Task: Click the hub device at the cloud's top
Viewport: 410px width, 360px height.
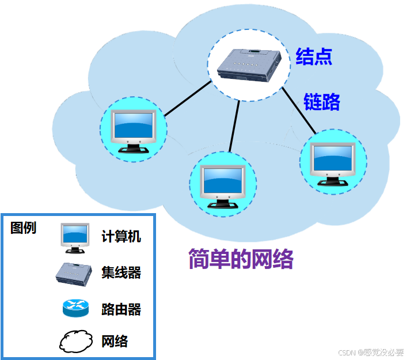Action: point(251,65)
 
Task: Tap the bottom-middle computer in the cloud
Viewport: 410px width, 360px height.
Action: point(223,184)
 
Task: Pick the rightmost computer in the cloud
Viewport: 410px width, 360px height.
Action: point(333,162)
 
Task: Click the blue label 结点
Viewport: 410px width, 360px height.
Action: point(314,56)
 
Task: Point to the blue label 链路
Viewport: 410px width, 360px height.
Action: point(322,101)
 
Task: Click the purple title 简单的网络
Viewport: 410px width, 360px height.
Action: point(241,260)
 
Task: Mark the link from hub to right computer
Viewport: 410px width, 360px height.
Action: point(301,111)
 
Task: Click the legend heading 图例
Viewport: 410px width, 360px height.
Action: point(23,228)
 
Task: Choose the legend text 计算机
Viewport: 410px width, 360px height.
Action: point(121,236)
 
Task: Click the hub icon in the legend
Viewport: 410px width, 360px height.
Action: point(75,272)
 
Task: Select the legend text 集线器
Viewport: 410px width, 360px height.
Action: point(121,272)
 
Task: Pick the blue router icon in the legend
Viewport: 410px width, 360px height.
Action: point(75,308)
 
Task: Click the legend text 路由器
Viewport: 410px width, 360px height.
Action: point(121,309)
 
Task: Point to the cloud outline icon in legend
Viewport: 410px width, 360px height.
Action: point(75,341)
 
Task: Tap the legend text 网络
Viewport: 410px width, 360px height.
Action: point(115,341)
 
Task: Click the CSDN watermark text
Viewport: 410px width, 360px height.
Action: point(371,352)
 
